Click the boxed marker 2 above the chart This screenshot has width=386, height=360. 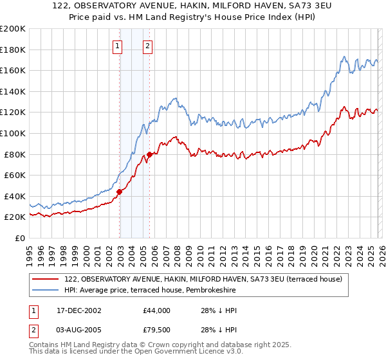pos(148,46)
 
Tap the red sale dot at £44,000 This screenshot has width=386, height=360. pos(120,192)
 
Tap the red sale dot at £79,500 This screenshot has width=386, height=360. pos(149,154)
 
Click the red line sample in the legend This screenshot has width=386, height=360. pos(46,279)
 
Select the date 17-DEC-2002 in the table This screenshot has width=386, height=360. pos(79,310)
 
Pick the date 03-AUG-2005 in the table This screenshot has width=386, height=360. pos(79,329)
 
